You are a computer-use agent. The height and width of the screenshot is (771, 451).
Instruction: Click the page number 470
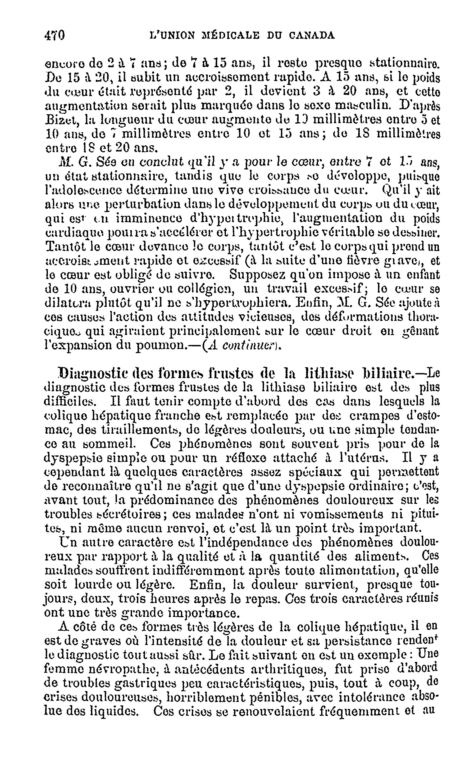tap(55, 35)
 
